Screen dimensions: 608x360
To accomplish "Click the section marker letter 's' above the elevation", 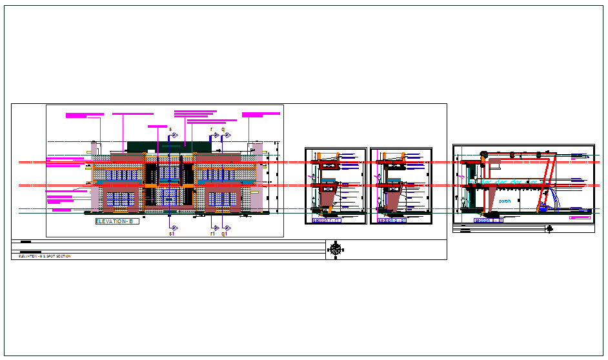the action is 170,130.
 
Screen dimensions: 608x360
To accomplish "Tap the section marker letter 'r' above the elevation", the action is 211,130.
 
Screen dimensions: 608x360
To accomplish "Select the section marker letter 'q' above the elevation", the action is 223,130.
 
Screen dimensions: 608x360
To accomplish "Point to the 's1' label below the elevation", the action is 172,234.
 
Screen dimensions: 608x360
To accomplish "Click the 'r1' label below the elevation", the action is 212,234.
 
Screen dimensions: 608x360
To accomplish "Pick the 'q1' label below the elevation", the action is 225,234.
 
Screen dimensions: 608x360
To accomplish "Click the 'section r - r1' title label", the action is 326,221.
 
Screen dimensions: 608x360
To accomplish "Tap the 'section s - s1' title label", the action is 489,221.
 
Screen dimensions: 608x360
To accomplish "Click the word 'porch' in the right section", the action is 504,201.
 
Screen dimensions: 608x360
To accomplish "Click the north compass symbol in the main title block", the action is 336,248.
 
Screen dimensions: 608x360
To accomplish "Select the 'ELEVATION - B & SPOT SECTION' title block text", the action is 45,257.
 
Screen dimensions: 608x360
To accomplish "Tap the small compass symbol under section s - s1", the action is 549,227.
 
